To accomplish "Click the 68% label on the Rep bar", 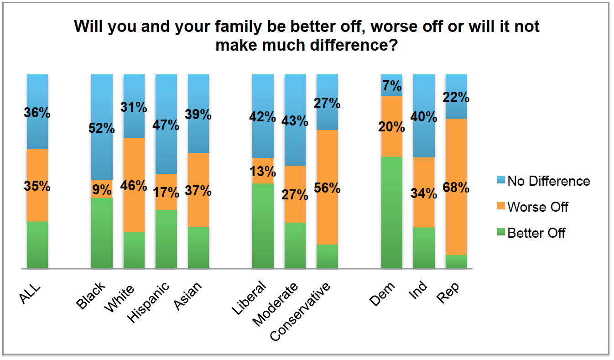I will point(456,188).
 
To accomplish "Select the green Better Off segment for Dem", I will point(392,212).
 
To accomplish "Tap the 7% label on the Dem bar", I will point(392,85).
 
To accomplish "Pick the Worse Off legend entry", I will point(537,207).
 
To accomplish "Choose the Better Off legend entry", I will point(536,233).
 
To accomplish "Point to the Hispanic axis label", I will point(149,302).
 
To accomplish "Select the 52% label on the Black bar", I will point(102,129).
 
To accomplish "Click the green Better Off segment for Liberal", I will point(263,225).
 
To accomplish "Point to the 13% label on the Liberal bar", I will point(263,172).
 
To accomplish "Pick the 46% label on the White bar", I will point(134,186).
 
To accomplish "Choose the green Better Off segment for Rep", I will point(456,261).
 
